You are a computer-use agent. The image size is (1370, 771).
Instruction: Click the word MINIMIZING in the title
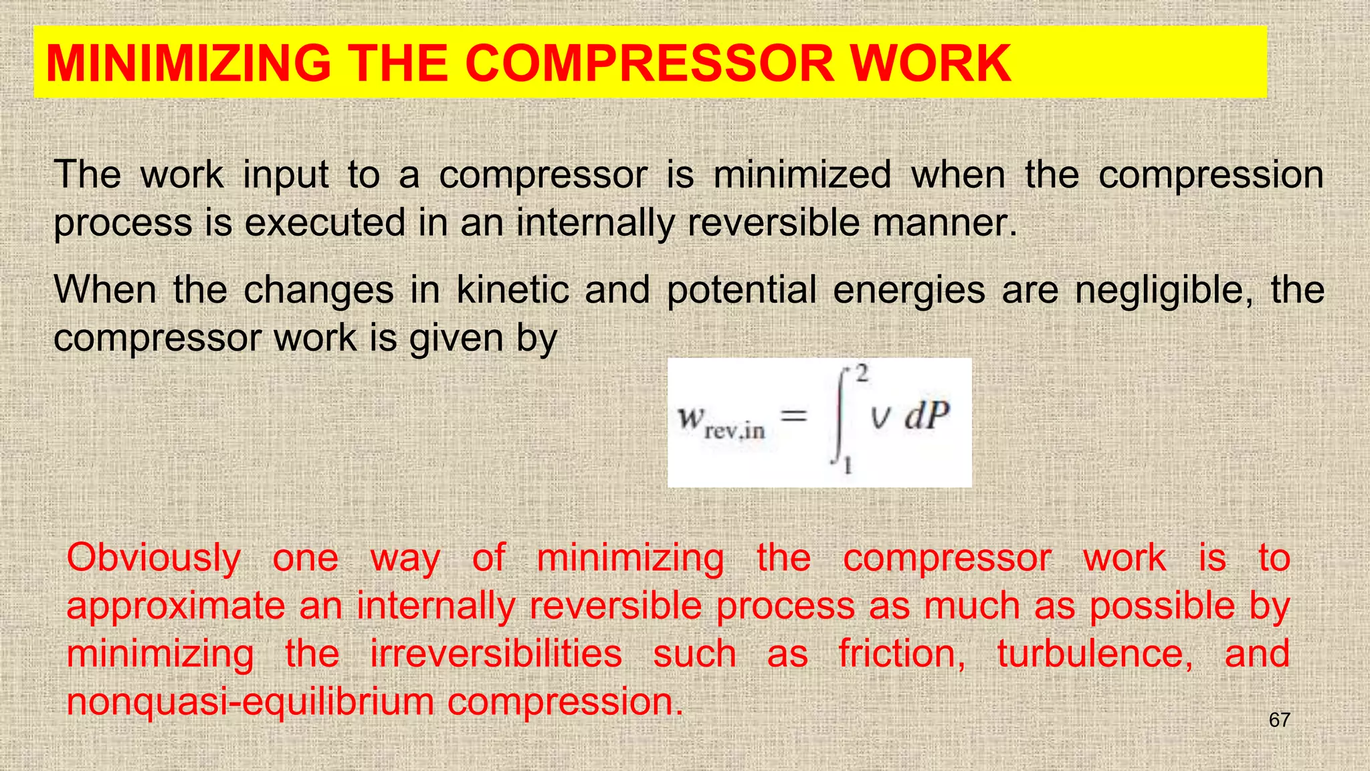(188, 64)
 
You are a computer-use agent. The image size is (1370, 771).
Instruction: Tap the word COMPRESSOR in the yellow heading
(650, 64)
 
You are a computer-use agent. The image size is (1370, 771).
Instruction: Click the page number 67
(1279, 720)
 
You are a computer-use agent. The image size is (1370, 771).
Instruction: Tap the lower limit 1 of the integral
(848, 464)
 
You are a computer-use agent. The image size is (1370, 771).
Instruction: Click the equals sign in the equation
(794, 416)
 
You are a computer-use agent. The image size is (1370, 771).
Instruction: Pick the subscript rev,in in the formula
(735, 431)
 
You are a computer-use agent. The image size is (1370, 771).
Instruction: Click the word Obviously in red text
(154, 558)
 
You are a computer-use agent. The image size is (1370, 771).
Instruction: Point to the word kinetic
(512, 290)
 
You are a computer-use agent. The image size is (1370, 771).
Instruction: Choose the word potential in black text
(741, 290)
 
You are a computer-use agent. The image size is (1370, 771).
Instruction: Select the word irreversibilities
(496, 654)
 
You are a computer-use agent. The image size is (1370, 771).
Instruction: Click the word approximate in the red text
(176, 606)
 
